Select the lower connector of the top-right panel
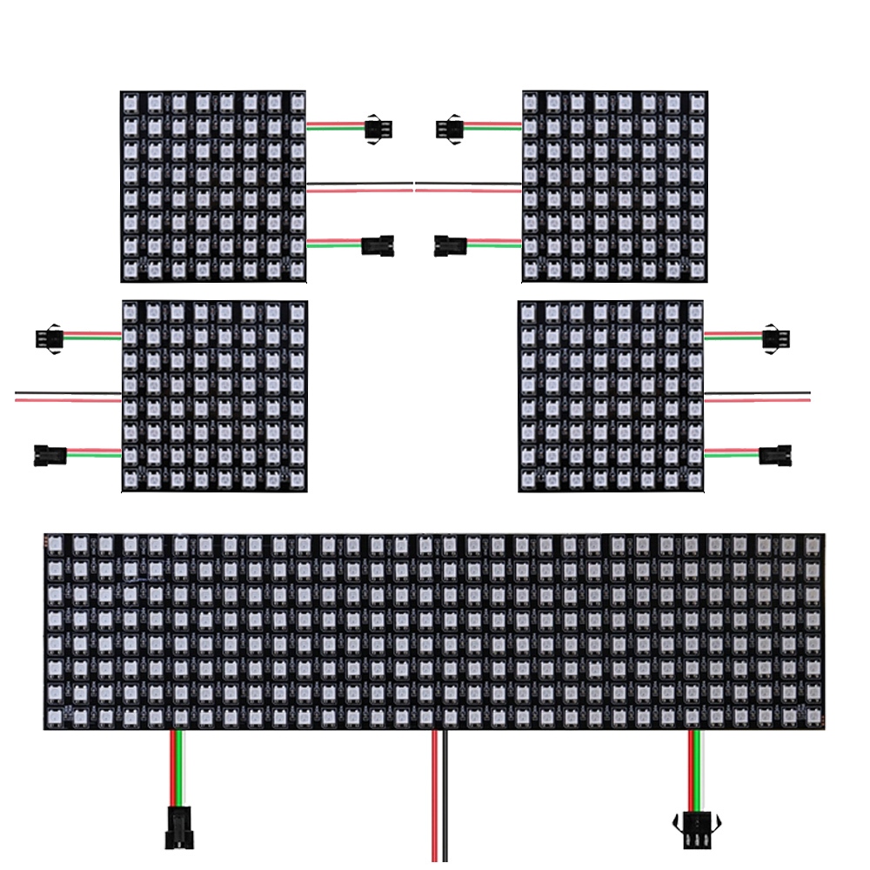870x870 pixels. tap(449, 245)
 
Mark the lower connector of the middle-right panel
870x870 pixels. tap(774, 454)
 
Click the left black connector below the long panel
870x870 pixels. tap(179, 826)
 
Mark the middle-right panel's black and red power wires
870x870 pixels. tap(757, 397)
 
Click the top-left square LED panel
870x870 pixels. tap(213, 186)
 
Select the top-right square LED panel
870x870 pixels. tap(614, 186)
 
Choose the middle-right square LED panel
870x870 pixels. tap(610, 397)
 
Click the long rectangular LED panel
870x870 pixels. tap(434, 632)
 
